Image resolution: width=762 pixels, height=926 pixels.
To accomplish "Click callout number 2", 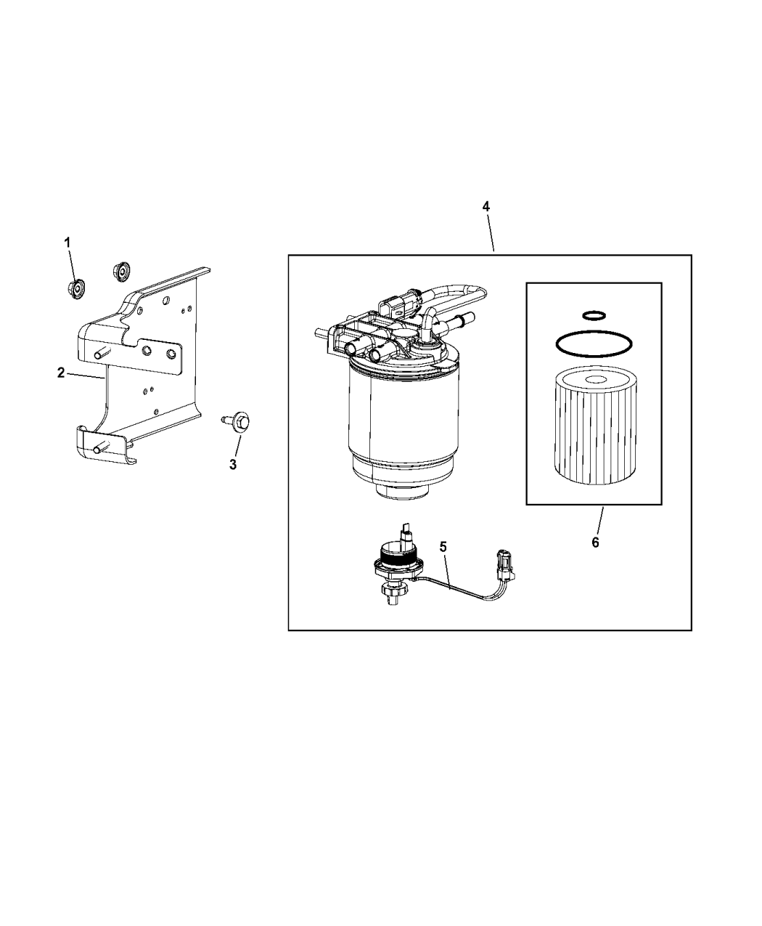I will click(x=61, y=373).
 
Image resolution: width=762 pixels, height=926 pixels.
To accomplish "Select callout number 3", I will click(x=233, y=465).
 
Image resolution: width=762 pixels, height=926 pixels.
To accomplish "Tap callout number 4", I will click(x=486, y=207).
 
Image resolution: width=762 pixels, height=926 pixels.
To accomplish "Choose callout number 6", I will click(x=595, y=543).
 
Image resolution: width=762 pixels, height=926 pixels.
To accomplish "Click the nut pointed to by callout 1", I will click(x=75, y=288).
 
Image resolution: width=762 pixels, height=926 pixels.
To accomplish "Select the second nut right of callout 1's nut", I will click(x=121, y=271).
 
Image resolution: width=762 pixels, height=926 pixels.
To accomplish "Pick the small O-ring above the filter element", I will click(x=594, y=314).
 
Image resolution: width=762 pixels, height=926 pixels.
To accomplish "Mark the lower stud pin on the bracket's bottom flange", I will click(x=96, y=450).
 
